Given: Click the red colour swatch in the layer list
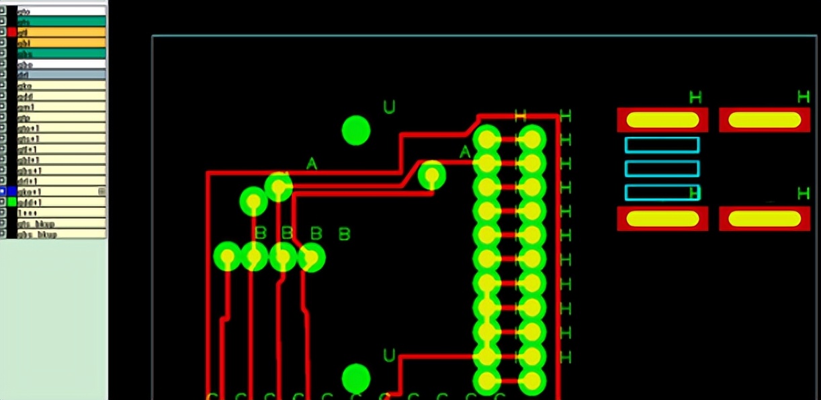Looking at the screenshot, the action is [x=11, y=32].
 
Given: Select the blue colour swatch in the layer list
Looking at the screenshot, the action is [x=11, y=191].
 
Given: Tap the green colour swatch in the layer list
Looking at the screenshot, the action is [x=11, y=201].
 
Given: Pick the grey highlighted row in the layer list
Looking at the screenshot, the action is [x=60, y=74].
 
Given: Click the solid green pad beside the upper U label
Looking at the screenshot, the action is [x=356, y=131].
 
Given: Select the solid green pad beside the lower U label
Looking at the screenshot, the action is [x=356, y=378].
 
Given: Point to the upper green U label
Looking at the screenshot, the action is [x=389, y=107].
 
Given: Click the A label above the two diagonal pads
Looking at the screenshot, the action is [x=311, y=163].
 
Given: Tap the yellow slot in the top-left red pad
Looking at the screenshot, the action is [x=662, y=119].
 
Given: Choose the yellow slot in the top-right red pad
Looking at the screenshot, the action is [x=765, y=119].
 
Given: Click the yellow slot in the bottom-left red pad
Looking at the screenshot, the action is [x=662, y=218].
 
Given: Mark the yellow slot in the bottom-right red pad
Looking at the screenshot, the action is [x=765, y=218].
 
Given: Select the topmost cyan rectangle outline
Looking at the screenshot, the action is [x=662, y=144].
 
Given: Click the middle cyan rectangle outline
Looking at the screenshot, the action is [x=662, y=168].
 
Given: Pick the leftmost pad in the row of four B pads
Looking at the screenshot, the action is [x=227, y=256].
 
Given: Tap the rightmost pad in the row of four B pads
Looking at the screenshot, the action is [x=311, y=258].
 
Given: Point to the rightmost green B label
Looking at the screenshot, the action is [x=344, y=234].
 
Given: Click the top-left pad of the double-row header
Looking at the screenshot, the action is [x=487, y=140].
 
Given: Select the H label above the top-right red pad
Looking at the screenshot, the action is [x=803, y=97].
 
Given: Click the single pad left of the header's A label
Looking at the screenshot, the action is [x=431, y=175].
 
